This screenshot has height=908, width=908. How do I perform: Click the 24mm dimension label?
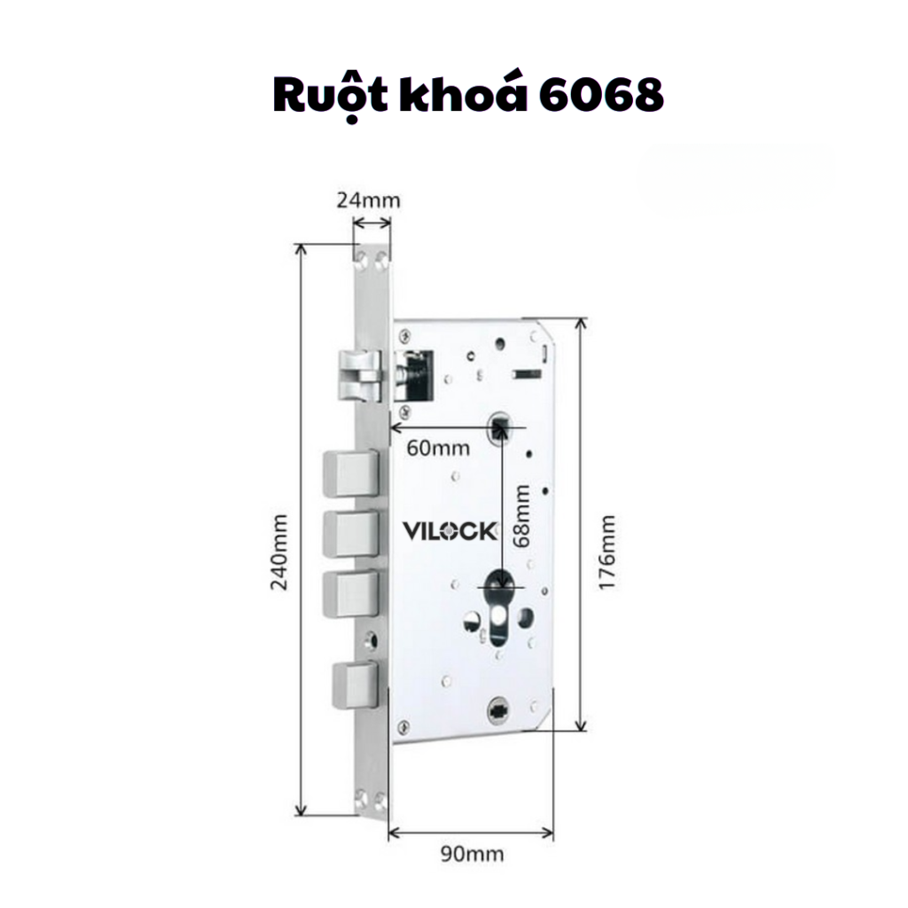click(368, 200)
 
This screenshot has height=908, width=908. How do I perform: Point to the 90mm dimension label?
click(472, 854)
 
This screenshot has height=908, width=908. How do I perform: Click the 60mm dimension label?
click(438, 448)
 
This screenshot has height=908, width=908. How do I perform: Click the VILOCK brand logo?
click(450, 531)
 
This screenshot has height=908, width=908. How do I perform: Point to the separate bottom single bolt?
click(353, 683)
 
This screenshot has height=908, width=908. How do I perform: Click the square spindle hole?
click(500, 427)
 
